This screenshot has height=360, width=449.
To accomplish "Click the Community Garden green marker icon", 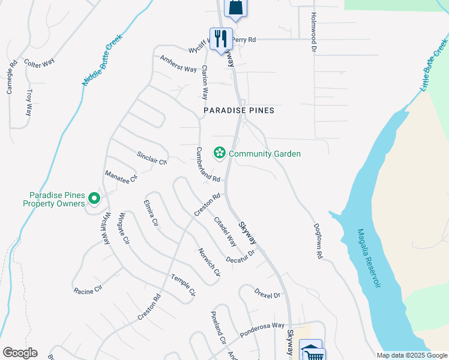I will (x=219, y=154).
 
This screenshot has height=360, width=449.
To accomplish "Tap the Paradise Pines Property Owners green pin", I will (x=94, y=197).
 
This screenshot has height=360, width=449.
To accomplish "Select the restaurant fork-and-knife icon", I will (x=220, y=38).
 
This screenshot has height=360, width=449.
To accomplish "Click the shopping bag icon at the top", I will (x=235, y=8).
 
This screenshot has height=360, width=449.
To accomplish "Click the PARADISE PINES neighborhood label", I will (x=238, y=110).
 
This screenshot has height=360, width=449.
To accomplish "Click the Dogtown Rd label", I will (x=318, y=241).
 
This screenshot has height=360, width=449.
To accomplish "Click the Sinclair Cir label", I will (x=151, y=158).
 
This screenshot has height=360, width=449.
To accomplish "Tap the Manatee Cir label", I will (x=121, y=176).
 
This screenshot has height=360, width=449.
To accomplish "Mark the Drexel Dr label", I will (x=267, y=295).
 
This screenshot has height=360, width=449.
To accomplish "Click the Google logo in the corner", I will (x=19, y=353).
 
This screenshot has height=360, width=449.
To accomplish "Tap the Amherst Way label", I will (x=178, y=64).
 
